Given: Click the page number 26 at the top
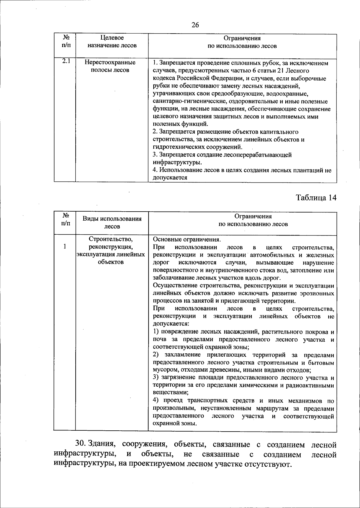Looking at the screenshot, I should point(195,25).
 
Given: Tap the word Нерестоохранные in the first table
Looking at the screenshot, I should point(110,63).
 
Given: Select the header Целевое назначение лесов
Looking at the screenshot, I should point(112,42).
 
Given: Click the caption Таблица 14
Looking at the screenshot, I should point(316,198).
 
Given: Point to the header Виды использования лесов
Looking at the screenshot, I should point(112,222).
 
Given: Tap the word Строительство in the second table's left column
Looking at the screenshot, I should point(111,239).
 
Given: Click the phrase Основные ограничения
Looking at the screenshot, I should point(187,239).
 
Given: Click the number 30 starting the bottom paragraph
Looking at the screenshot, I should point(80,444).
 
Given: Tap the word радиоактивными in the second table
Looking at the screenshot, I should point(312,385).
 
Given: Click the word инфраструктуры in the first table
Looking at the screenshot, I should point(177,162).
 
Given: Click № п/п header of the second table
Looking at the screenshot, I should point(64,219).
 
